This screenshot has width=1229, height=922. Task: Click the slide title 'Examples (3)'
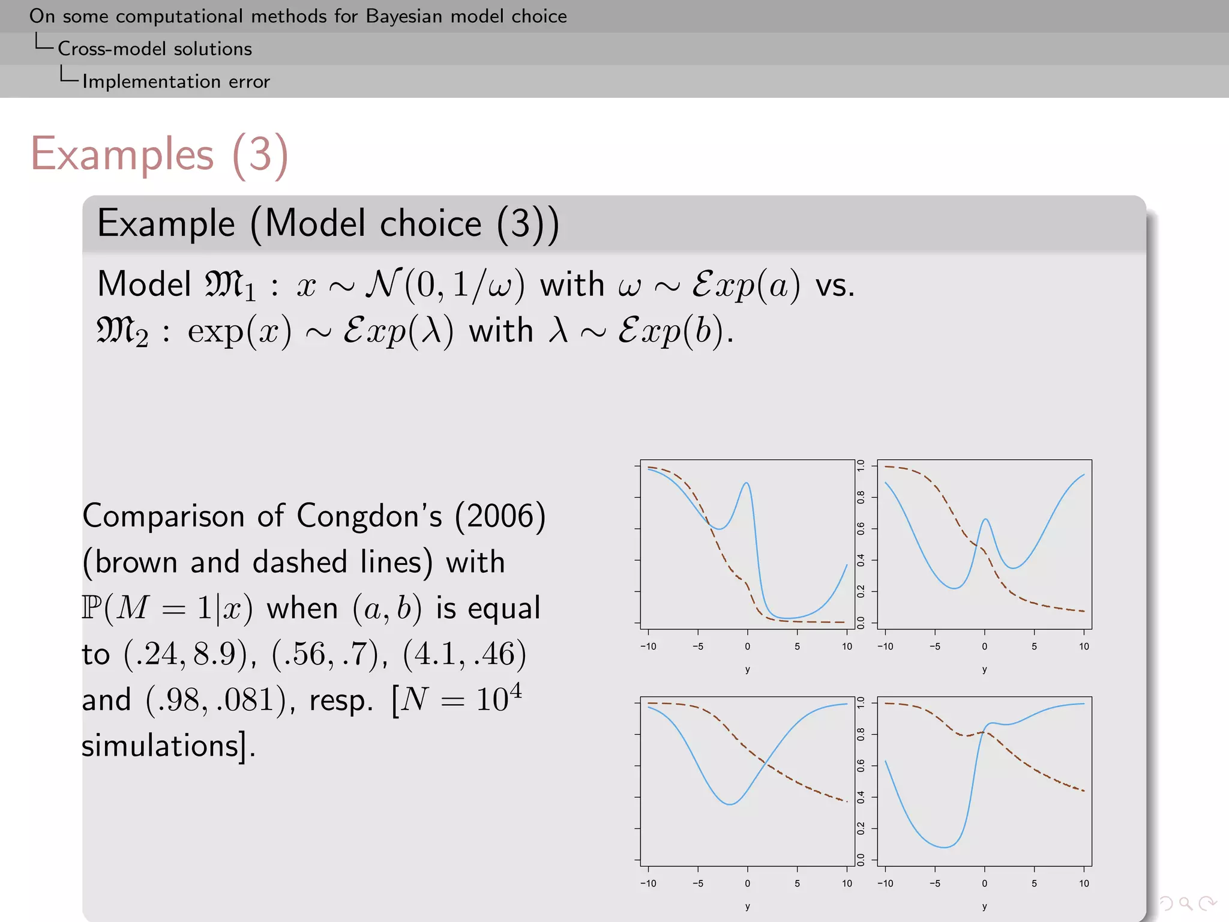click(x=160, y=155)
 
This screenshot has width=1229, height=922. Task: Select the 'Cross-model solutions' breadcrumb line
click(x=154, y=49)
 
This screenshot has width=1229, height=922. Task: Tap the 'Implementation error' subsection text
click(x=176, y=82)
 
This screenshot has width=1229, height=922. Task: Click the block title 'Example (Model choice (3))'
click(x=328, y=224)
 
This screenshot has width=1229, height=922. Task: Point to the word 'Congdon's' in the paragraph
click(x=369, y=516)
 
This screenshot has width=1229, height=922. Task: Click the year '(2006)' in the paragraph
click(x=500, y=516)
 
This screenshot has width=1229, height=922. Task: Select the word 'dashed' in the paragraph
click(x=299, y=562)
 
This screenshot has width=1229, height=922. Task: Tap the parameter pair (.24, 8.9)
click(x=185, y=654)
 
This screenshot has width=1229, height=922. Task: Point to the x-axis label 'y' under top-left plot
click(x=747, y=669)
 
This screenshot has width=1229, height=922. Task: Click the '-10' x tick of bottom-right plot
click(x=885, y=884)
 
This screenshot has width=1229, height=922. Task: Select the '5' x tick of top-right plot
click(x=1034, y=646)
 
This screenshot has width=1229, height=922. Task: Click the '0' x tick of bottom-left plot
click(x=747, y=884)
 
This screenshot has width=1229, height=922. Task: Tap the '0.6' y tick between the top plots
click(x=861, y=529)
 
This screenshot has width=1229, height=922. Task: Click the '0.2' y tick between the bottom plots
click(x=861, y=829)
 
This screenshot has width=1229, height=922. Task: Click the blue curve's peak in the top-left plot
click(x=746, y=483)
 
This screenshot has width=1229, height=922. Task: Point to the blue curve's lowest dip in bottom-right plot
click(x=944, y=847)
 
